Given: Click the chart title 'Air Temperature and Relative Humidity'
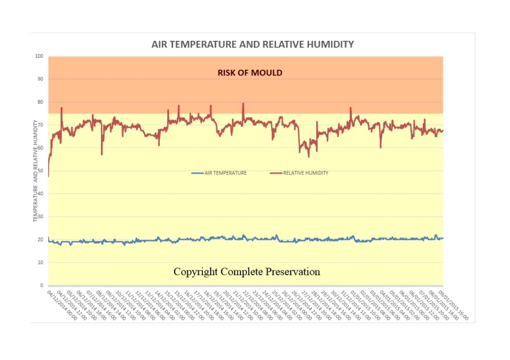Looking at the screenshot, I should click(x=253, y=44).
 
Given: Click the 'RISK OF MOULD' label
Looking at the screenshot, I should click(x=250, y=73).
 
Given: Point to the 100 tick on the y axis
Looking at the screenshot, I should click(x=39, y=56).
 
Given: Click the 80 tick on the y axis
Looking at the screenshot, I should click(x=40, y=102).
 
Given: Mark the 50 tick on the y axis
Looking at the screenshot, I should click(x=40, y=171).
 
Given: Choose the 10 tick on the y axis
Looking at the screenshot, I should click(x=40, y=262).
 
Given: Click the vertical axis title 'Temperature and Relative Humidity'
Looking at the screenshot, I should click(x=35, y=170).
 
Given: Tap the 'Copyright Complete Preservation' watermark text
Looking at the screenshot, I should click(x=246, y=272).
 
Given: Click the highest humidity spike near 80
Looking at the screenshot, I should click(x=243, y=104).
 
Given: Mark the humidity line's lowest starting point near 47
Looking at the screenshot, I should click(x=49, y=176).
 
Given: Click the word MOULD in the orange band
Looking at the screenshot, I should click(x=268, y=73).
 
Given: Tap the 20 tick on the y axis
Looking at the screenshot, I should click(x=40, y=239).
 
